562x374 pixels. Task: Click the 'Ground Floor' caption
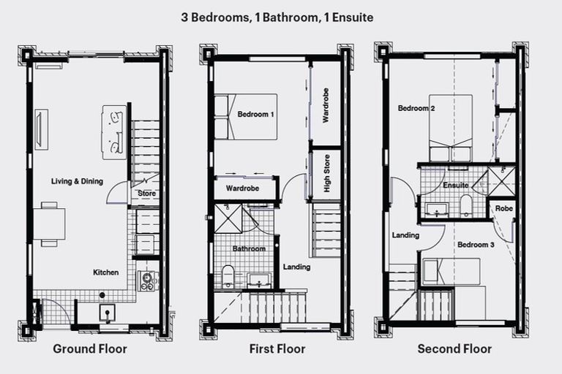(x=89, y=349)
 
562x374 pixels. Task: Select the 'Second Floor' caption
(x=454, y=349)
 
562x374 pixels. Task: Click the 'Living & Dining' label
(x=77, y=181)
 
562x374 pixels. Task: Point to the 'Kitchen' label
(x=105, y=272)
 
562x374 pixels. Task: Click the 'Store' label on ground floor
(x=146, y=194)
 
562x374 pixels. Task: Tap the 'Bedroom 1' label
(x=256, y=115)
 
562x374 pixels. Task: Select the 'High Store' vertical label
(x=326, y=175)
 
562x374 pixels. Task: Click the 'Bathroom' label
(x=249, y=249)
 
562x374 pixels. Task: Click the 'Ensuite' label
(x=456, y=186)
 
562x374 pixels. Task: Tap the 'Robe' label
(x=503, y=208)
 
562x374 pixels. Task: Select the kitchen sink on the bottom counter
(x=108, y=312)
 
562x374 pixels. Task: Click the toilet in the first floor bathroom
(x=228, y=275)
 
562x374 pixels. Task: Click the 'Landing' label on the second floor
(x=405, y=235)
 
